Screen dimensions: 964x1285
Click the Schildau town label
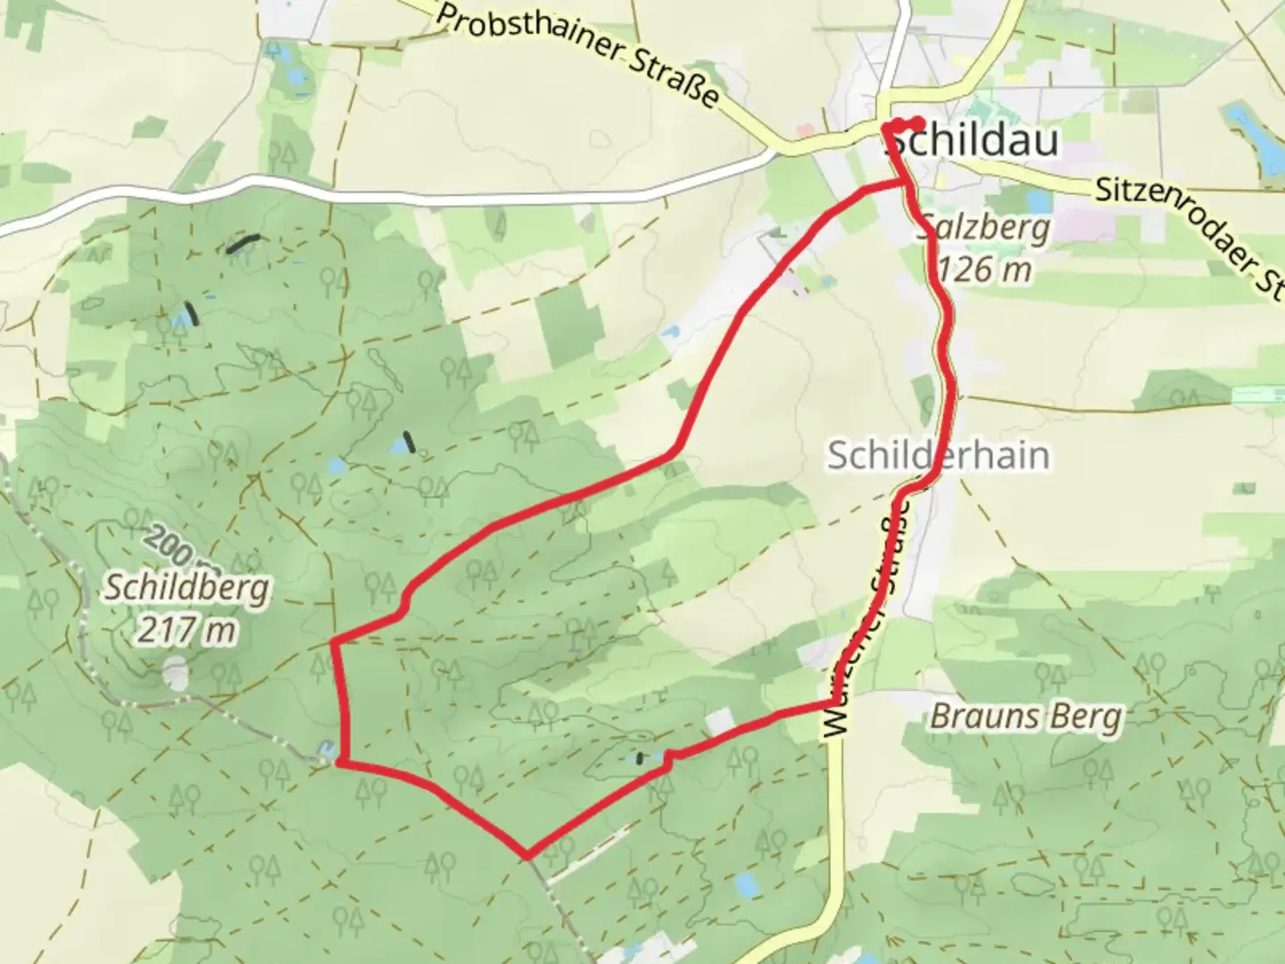tap(977, 141)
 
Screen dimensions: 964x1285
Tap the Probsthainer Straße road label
tap(578, 53)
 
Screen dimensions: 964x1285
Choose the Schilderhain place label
tap(937, 455)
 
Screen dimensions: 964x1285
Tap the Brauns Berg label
tap(1026, 717)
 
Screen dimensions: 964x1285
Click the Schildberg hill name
tap(187, 587)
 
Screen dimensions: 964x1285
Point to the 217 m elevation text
tap(187, 630)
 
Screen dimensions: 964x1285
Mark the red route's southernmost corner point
tap(528, 855)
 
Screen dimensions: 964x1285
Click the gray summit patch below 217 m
tap(178, 674)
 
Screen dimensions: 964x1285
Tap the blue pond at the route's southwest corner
tap(327, 752)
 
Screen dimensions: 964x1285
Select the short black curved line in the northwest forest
tap(243, 243)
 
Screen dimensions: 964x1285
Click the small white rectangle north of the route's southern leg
tap(719, 721)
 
